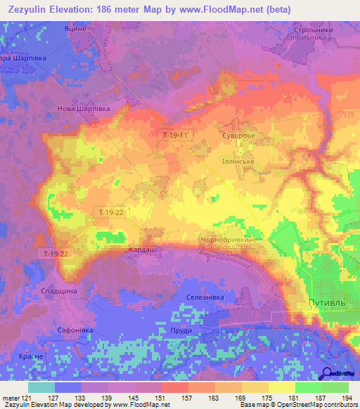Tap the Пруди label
click(x=181, y=330)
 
